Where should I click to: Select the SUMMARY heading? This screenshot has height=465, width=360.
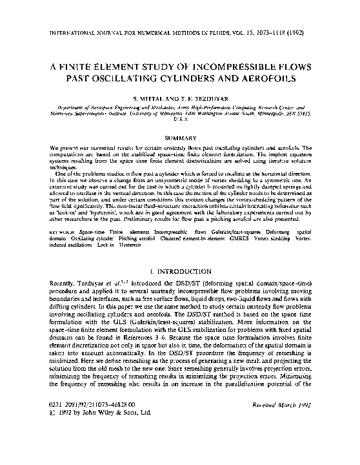180,138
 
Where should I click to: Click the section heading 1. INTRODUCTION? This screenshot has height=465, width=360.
180,272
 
